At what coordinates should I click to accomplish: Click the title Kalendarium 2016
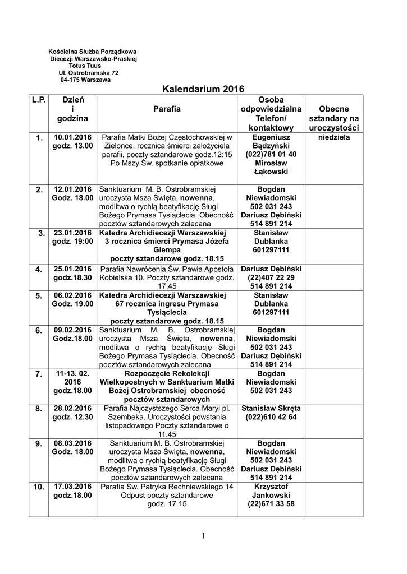pos(203,89)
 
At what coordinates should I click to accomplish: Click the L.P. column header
pos(38,99)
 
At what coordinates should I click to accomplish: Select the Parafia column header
pos(167,109)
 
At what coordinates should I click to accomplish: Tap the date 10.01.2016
pos(72,137)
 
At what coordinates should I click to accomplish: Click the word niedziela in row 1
pos(334,137)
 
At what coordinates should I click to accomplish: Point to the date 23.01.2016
pos(72,233)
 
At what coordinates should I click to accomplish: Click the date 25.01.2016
pos(72,269)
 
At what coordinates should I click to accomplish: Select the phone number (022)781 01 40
pos(271,154)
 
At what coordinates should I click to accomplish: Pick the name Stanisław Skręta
pos(271,409)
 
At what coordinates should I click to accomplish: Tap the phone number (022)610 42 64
pos(271,418)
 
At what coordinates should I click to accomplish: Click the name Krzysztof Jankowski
pos(271,491)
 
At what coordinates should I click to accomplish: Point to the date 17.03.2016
pos(72,487)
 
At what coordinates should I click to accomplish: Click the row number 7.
pos(38,374)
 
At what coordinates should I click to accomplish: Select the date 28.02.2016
pos(72,409)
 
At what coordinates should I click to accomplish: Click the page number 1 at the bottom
pos(203,536)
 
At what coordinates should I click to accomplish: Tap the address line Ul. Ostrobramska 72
pos(88,73)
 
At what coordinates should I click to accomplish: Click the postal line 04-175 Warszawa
pos(85,80)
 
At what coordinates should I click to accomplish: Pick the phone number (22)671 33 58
pos(271,504)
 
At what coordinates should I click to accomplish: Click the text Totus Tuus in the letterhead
pos(85,66)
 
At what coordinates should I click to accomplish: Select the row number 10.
pos(38,487)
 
